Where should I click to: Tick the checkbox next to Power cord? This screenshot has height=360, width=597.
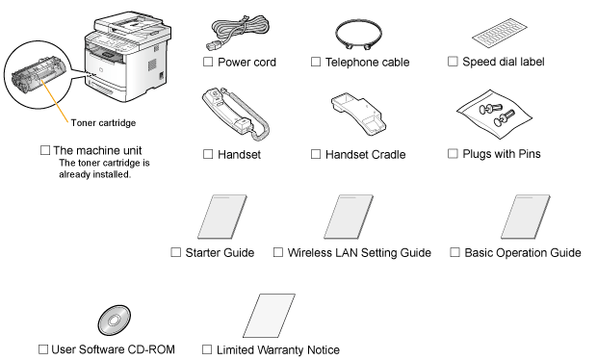pyautogui.click(x=208, y=62)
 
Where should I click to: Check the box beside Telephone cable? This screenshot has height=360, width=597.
pyautogui.click(x=316, y=62)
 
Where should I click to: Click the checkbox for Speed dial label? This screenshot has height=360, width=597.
pyautogui.click(x=453, y=62)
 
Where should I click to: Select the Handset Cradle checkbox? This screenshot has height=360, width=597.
pyautogui.click(x=316, y=154)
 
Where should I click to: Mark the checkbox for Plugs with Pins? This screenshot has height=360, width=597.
pyautogui.click(x=453, y=153)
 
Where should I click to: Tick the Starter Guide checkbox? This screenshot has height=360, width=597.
pyautogui.click(x=175, y=252)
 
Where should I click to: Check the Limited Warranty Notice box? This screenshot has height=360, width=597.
pyautogui.click(x=207, y=349)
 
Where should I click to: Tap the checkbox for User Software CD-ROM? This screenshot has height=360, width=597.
pyautogui.click(x=43, y=349)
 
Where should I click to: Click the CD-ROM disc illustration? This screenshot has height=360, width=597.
pyautogui.click(x=115, y=320)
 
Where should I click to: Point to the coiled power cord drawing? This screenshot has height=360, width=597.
pyautogui.click(x=238, y=33)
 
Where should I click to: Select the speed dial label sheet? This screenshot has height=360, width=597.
pyautogui.click(x=499, y=32)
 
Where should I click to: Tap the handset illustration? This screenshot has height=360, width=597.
pyautogui.click(x=235, y=115)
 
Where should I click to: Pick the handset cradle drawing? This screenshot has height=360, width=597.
pyautogui.click(x=358, y=115)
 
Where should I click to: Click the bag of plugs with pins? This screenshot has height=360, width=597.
pyautogui.click(x=494, y=115)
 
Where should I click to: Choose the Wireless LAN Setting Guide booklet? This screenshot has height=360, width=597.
pyautogui.click(x=349, y=217)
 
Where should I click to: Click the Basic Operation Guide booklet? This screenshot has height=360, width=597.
pyautogui.click(x=526, y=217)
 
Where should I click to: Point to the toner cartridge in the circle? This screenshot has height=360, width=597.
pyautogui.click(x=39, y=75)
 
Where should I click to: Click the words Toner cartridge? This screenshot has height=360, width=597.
pyautogui.click(x=103, y=122)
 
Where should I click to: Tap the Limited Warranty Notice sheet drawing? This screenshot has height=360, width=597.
pyautogui.click(x=270, y=316)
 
